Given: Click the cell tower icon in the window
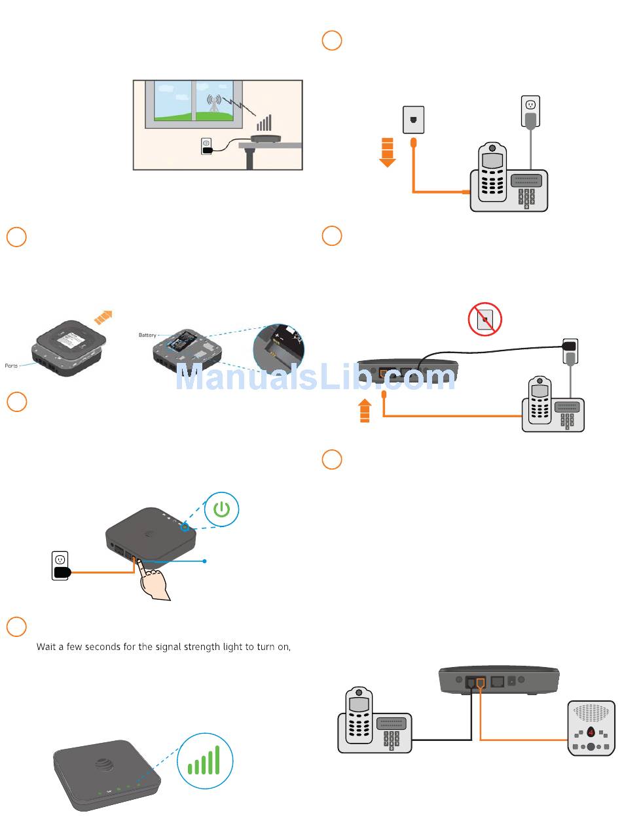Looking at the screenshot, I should tap(214, 104).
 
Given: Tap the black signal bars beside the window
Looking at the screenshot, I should tap(264, 123).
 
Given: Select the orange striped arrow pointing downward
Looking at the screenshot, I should tap(388, 152).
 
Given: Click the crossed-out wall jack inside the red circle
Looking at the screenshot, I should tap(485, 319).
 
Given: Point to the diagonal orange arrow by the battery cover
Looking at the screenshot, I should tap(103, 317).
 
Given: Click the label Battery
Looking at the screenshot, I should tap(147, 335).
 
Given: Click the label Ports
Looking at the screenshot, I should tap(11, 366).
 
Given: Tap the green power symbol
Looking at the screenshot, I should tap(221, 510).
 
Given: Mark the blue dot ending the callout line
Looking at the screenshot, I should tap(206, 560).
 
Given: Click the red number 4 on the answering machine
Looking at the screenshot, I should tap(591, 732).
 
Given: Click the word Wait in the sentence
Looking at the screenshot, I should tap(46, 647).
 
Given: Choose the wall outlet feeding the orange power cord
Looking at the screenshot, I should tap(60, 565).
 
